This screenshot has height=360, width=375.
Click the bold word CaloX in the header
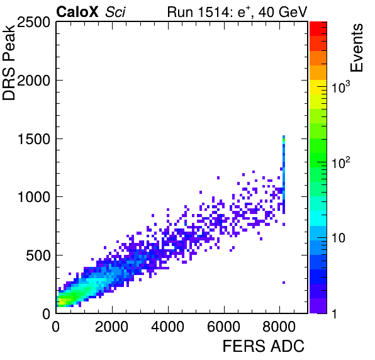point(77,12)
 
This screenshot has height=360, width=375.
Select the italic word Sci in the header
point(115,12)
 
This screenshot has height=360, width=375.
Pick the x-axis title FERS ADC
point(264,346)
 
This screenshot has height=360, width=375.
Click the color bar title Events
point(356,48)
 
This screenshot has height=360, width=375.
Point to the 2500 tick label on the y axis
point(33,23)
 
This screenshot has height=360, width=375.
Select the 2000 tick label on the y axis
point(33,81)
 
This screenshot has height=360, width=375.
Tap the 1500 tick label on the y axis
point(34,139)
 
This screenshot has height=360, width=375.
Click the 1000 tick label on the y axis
point(34,197)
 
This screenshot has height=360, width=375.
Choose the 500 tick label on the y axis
point(38,256)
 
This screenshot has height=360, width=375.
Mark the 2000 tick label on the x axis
point(112,327)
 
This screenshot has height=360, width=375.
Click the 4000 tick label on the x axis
point(167,327)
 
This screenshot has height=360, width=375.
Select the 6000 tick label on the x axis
point(223,327)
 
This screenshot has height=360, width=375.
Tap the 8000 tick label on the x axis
point(279,327)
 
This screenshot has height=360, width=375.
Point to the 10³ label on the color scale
point(340,87)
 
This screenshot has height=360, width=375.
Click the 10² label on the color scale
point(340,162)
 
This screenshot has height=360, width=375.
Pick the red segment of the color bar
point(318,29)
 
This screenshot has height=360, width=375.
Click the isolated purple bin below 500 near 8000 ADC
point(284,283)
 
